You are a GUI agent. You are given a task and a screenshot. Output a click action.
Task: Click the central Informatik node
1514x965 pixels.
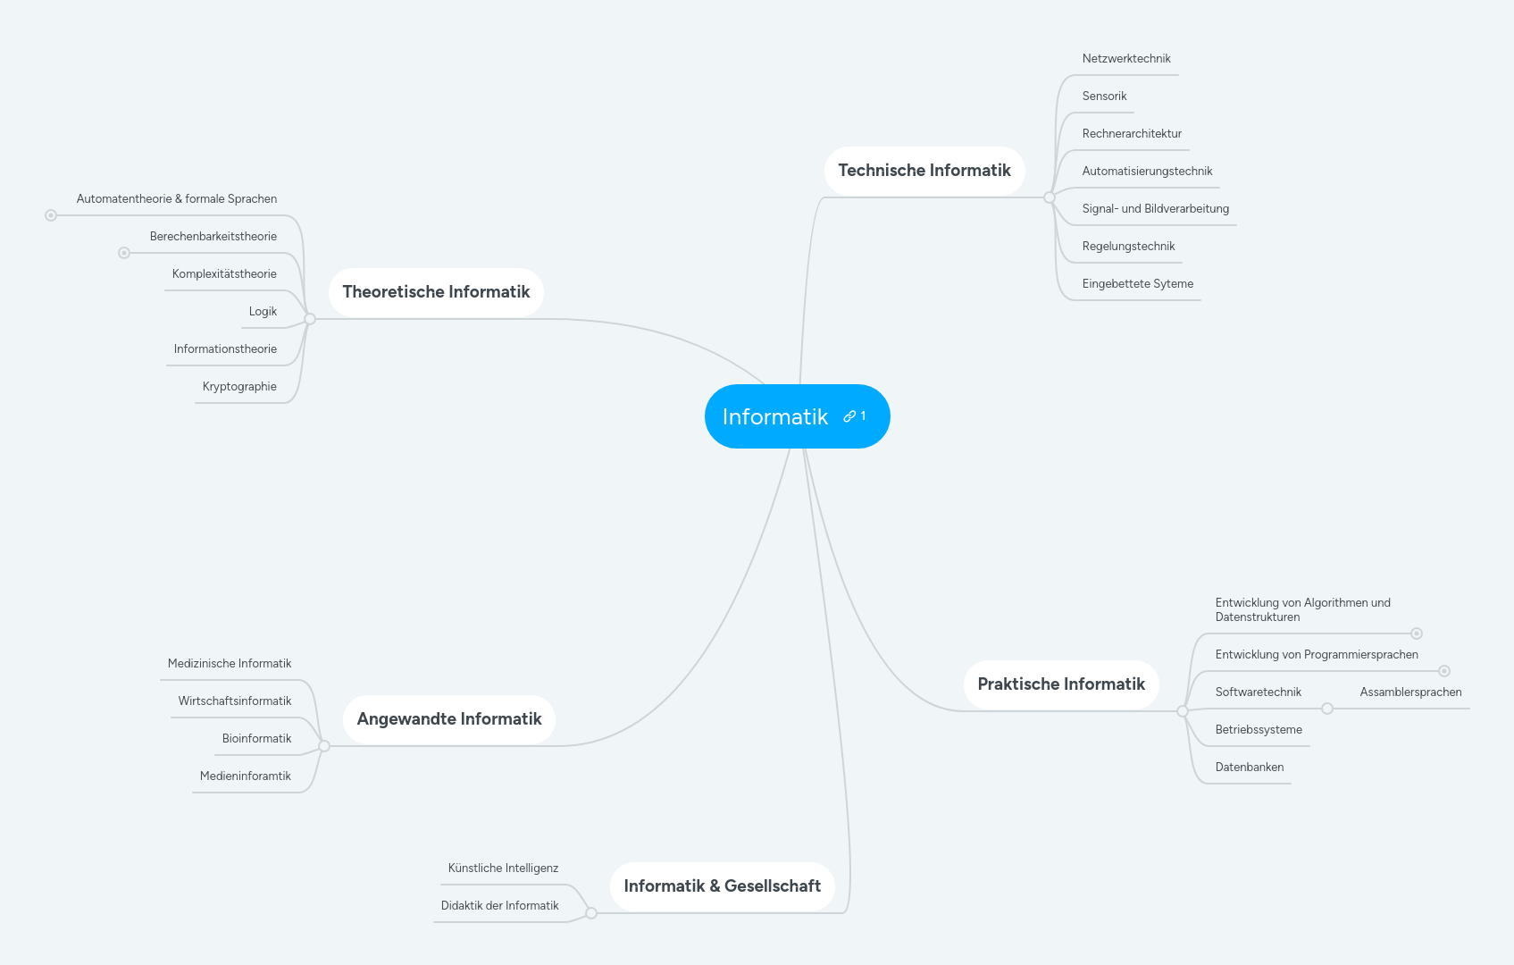coord(775,416)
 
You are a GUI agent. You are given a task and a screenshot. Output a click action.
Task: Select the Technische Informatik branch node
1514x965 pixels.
coord(924,171)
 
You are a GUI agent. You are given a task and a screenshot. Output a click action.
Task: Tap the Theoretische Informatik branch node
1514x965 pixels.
coord(436,292)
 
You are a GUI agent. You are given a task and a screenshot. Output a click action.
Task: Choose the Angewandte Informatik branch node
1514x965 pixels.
coord(448,719)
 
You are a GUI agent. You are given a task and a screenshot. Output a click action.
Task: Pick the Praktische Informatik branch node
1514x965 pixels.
coord(1060,684)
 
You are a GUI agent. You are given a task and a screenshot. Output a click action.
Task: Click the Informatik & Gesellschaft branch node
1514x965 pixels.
coord(722,886)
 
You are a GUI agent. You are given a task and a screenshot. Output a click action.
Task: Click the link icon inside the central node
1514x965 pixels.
coord(849,416)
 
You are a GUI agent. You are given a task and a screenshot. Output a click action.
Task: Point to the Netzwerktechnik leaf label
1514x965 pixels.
coord(1125,59)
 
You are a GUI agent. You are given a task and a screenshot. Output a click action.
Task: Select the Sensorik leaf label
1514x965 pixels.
coord(1104,96)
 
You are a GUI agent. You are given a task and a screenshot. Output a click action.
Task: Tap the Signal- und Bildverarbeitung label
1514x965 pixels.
coord(1155,209)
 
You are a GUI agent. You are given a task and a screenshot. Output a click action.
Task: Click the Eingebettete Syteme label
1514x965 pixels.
coord(1137,284)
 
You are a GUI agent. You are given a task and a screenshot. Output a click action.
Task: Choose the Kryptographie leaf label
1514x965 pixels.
coord(239,387)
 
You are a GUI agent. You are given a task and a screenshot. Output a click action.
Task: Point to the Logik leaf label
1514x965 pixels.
coord(263,312)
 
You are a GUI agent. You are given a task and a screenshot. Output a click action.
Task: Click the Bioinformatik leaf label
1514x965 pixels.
coord(256,739)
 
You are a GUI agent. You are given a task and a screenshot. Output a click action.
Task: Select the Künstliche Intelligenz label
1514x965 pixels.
coord(503,868)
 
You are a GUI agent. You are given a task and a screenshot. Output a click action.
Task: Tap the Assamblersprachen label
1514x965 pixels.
coord(1410,692)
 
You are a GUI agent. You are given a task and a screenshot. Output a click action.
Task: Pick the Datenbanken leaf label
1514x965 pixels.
coord(1249,768)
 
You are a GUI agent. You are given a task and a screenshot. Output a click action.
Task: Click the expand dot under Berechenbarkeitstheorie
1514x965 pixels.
coord(124,253)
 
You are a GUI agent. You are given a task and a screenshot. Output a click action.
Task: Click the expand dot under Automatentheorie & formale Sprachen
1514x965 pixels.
coord(51,215)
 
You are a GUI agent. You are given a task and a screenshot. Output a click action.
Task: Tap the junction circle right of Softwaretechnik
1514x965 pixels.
coord(1327,709)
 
